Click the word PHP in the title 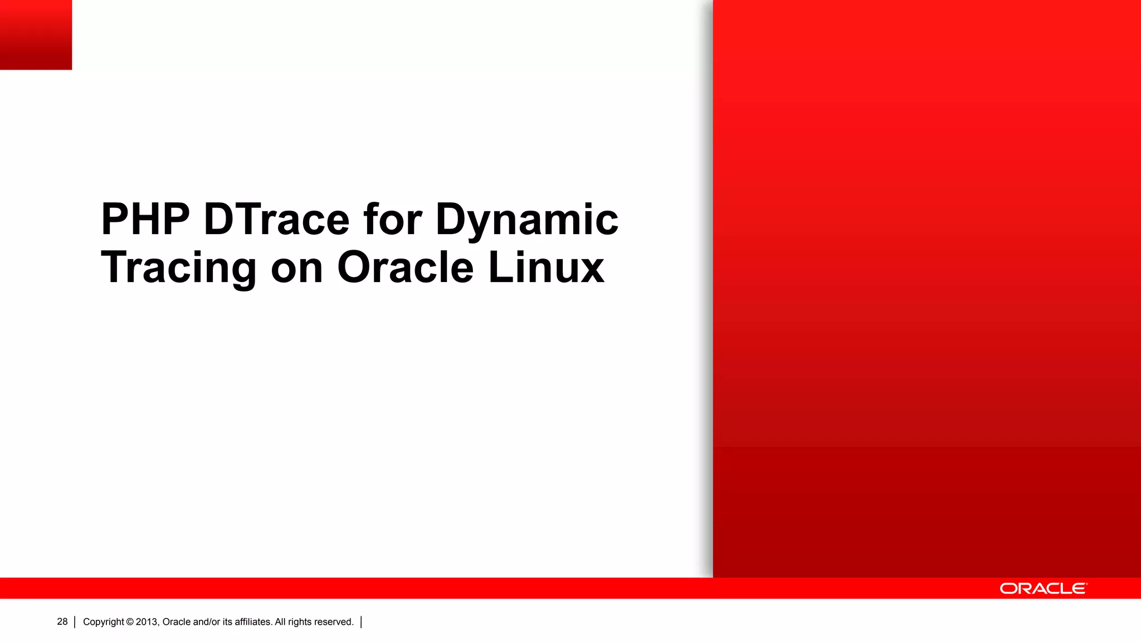tap(145, 220)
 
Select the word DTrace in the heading tap(276, 220)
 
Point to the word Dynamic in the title tap(526, 220)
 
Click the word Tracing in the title tap(178, 268)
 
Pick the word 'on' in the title tap(296, 268)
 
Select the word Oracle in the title tap(405, 268)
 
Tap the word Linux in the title tap(546, 268)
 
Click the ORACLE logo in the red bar tap(1042, 589)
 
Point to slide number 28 tap(62, 622)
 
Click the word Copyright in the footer tap(104, 622)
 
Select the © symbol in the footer tap(130, 622)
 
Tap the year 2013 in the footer tap(147, 622)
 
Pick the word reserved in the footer tap(334, 622)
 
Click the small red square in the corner tap(36, 35)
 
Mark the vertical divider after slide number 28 tap(75, 622)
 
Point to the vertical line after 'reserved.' tap(362, 622)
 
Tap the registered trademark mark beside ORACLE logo tap(1086, 584)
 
